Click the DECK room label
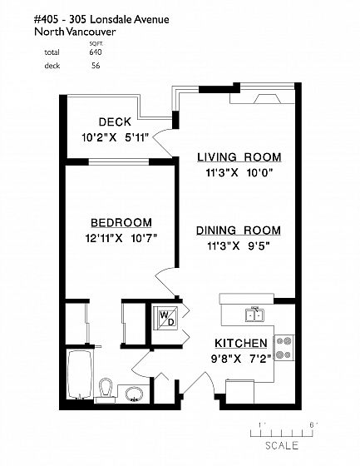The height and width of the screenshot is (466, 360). [x=115, y=121]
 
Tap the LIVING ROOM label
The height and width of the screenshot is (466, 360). [x=239, y=157]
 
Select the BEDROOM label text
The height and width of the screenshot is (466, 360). [x=121, y=223]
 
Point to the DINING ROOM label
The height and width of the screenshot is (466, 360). [x=239, y=231]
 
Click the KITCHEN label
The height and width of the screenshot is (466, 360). [x=241, y=343]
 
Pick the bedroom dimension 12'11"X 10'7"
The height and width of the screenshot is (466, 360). [x=121, y=238]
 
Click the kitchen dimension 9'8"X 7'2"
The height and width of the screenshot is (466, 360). [x=241, y=359]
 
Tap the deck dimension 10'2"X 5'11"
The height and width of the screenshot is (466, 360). [x=115, y=137]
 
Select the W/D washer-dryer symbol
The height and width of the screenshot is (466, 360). [x=165, y=318]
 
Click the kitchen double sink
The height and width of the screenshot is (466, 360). [x=255, y=315]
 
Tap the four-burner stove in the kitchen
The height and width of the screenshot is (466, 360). [x=284, y=348]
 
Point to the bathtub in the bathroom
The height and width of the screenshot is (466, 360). [x=79, y=374]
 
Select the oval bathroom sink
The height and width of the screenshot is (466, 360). [x=134, y=394]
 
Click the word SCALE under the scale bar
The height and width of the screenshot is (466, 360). [x=282, y=445]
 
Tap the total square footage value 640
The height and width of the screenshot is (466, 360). [x=96, y=52]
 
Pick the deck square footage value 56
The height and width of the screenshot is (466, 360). [x=96, y=66]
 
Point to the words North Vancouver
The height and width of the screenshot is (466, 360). [x=75, y=32]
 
